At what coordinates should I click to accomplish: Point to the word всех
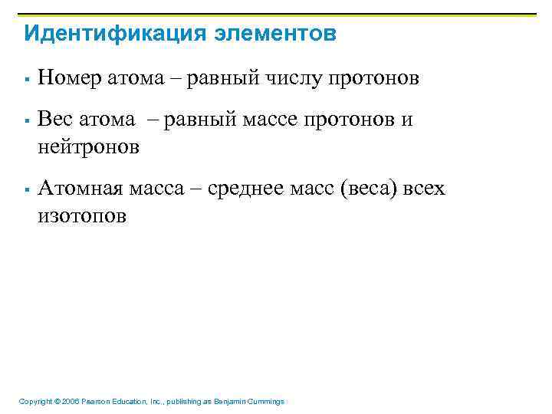tap(421, 189)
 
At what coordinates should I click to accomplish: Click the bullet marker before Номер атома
tap(26, 78)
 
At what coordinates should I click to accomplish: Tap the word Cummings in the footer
tap(268, 402)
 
